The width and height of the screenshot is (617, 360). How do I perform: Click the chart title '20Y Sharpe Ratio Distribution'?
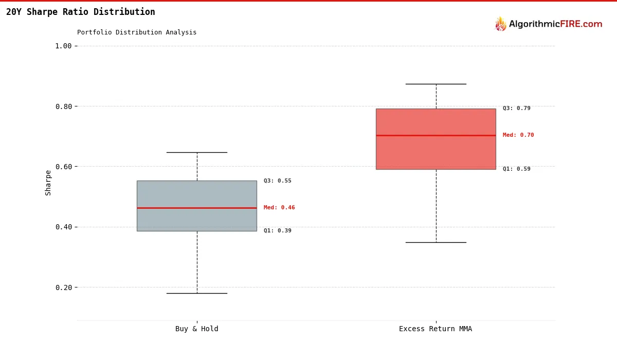pyautogui.click(x=81, y=12)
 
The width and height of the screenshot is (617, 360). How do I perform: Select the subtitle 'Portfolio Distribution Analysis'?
pyautogui.click(x=137, y=32)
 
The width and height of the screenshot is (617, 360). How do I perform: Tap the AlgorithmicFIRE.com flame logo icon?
pyautogui.click(x=500, y=24)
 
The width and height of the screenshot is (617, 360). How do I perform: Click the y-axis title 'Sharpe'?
pyautogui.click(x=48, y=183)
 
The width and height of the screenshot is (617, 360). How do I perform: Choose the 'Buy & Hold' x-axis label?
pyautogui.click(x=197, y=329)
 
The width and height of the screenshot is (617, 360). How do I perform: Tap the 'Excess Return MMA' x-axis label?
pyautogui.click(x=435, y=329)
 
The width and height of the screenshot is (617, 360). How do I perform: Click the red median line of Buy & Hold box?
pyautogui.click(x=197, y=208)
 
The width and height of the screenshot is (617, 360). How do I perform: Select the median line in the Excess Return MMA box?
pyautogui.click(x=436, y=135)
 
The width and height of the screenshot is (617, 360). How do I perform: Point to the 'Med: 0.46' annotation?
pyautogui.click(x=279, y=208)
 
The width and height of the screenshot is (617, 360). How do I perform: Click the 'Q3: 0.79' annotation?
pyautogui.click(x=517, y=109)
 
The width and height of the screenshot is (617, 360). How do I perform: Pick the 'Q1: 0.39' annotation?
pyautogui.click(x=278, y=231)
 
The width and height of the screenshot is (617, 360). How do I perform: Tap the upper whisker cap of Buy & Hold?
pyautogui.click(x=197, y=152)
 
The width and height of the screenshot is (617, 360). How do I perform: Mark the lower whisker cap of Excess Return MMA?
pyautogui.click(x=436, y=242)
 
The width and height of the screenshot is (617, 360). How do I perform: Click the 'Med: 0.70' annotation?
pyautogui.click(x=518, y=135)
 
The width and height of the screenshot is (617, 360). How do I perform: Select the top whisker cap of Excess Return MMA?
pyautogui.click(x=436, y=84)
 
